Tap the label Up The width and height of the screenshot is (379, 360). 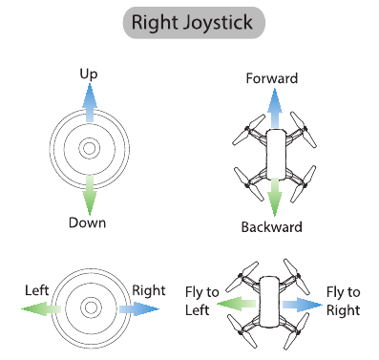pyautogui.click(x=89, y=74)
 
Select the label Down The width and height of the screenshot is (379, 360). pyautogui.click(x=87, y=222)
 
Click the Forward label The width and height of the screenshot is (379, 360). pyautogui.click(x=272, y=78)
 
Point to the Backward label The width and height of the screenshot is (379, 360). pyautogui.click(x=272, y=227)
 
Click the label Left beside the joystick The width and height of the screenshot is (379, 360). pyautogui.click(x=38, y=287)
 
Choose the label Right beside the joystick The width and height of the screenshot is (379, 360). pyautogui.click(x=148, y=287)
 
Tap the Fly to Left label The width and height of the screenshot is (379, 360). pyautogui.click(x=198, y=300)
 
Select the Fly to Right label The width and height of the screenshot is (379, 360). pyautogui.click(x=343, y=300)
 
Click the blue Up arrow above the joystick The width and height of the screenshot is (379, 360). pyautogui.click(x=89, y=101)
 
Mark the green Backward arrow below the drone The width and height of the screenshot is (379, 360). pyautogui.click(x=274, y=197)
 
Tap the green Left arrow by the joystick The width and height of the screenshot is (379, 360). pyautogui.click(x=44, y=307)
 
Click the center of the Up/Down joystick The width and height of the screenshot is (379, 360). pyautogui.click(x=89, y=148)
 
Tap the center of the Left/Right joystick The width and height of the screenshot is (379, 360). pyautogui.click(x=91, y=307)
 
